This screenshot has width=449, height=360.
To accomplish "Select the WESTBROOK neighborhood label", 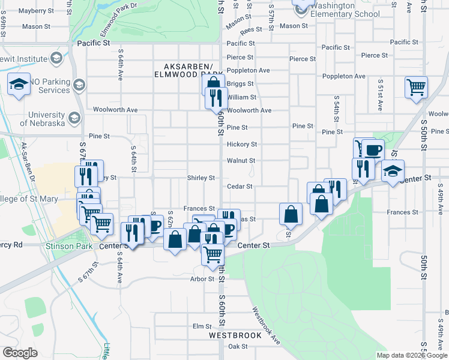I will click(235, 335).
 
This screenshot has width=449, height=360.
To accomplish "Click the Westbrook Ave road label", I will click(266, 326).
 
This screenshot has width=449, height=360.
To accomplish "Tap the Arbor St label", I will click(202, 279).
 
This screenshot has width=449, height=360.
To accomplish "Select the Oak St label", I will click(238, 346).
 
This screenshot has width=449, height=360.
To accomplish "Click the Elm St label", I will click(199, 326).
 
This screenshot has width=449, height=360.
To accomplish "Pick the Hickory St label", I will click(242, 145).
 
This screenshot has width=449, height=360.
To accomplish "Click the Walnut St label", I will click(241, 161).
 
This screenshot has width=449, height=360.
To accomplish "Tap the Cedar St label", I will click(240, 187).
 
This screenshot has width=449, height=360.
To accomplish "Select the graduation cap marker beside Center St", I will click(393, 171).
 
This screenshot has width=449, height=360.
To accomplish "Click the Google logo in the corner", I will click(20, 353).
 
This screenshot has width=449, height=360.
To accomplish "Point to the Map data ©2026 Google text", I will click(411, 355).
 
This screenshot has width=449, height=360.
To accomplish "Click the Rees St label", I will click(251, 29).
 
